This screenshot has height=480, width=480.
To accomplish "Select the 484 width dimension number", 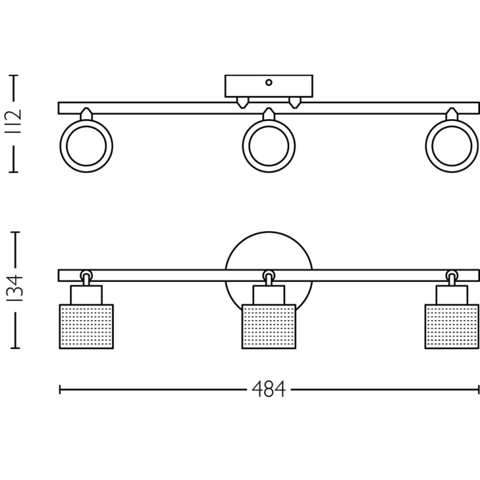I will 268,390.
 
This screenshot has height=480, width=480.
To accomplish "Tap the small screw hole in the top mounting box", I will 269,82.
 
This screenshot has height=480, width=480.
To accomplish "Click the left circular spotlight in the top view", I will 86,146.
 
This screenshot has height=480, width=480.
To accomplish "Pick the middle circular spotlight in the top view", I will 269,146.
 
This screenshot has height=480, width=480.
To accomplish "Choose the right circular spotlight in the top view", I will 451,146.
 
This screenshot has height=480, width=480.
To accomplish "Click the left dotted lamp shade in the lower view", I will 86,326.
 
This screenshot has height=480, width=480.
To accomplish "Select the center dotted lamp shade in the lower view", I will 269,326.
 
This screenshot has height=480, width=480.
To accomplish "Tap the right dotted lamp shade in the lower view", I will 451,326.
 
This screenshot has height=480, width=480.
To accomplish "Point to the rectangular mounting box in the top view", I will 269,87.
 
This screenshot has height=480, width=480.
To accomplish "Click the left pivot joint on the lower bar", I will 86,275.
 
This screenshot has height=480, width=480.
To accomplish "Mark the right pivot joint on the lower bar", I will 452,275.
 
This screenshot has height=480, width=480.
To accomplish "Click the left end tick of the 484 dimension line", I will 60,390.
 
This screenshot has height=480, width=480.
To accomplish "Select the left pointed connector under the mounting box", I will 242,103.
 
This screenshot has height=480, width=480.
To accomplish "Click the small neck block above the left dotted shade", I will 86,295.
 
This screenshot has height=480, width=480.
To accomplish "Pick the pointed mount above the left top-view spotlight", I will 86,113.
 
